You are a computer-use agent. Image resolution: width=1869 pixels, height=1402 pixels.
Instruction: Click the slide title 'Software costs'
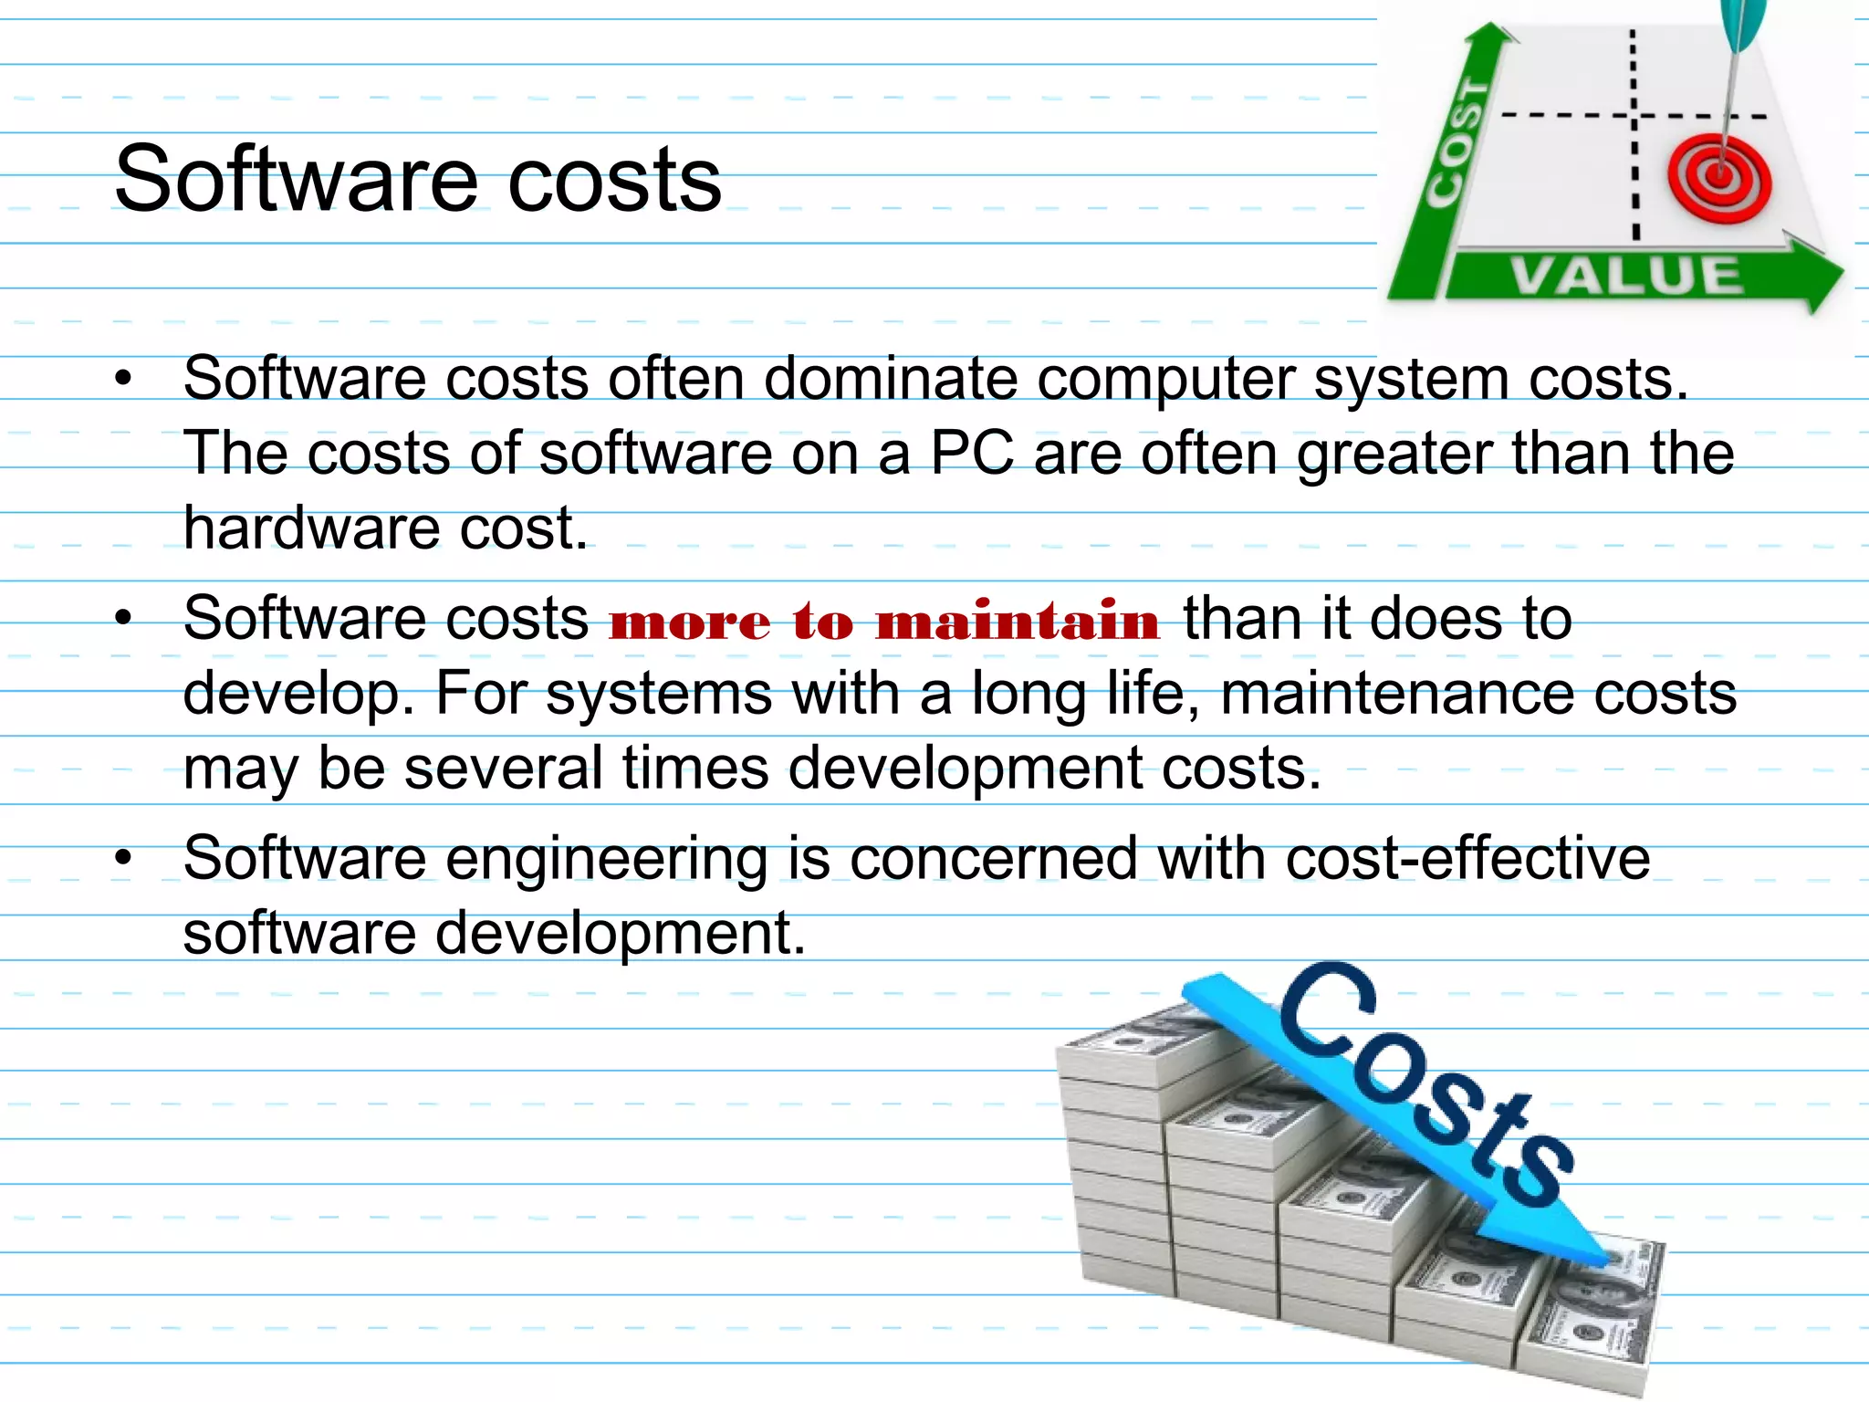click(x=418, y=179)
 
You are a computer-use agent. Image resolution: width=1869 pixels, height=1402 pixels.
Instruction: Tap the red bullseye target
click(x=1719, y=179)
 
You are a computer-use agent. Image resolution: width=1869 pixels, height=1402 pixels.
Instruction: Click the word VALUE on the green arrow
click(x=1626, y=276)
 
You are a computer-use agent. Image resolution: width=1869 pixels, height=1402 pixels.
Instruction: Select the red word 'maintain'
click(x=1018, y=622)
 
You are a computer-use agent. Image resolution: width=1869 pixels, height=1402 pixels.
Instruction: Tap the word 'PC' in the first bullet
click(x=972, y=453)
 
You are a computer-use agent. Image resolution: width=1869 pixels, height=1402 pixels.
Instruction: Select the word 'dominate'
click(x=890, y=378)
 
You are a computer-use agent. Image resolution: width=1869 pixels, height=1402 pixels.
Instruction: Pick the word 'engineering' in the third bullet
click(x=607, y=860)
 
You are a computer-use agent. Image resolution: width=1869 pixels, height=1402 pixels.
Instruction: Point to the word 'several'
click(x=503, y=769)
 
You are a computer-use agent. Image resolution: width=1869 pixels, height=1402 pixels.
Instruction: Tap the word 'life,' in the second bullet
click(x=1154, y=694)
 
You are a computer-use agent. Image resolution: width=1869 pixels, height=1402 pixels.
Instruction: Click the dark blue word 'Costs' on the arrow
click(x=1424, y=1086)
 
